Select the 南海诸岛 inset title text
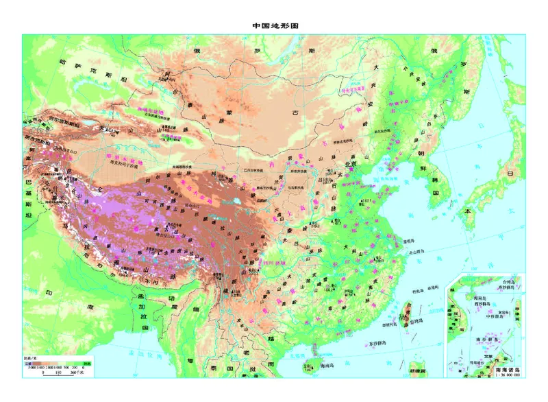pos(508,370)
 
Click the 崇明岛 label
pos(409,241)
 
